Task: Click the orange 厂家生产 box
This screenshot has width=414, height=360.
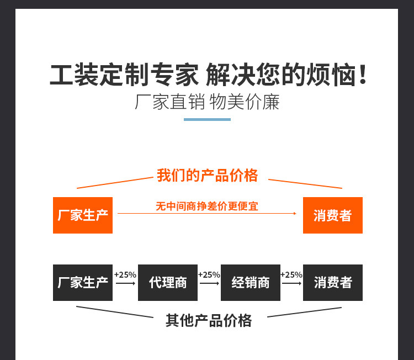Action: point(83,215)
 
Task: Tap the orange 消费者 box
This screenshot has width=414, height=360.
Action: point(333,215)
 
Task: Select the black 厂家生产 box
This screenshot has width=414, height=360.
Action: point(83,283)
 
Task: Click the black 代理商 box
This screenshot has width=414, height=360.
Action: point(168,283)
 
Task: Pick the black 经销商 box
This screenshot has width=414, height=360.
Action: point(251,283)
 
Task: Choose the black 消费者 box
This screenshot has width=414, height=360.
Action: point(333,283)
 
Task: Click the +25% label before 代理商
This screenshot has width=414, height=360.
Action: point(125,274)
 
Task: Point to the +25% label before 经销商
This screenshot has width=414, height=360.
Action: point(209,274)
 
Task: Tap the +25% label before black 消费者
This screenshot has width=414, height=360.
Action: point(291,274)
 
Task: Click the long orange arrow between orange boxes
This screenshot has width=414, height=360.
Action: point(207,214)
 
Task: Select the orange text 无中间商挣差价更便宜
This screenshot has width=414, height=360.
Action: point(207,206)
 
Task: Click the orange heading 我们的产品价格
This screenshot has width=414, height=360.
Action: point(207,176)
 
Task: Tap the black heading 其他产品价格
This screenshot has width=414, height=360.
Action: point(209,320)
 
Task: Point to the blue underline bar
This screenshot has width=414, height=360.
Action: point(207,120)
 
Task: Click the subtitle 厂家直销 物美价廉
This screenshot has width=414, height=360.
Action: point(207,102)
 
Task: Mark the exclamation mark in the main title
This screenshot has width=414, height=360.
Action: point(363,75)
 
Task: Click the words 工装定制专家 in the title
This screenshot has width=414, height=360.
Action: point(124,75)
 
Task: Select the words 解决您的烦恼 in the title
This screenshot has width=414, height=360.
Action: point(280,75)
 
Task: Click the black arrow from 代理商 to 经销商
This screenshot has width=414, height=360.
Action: point(209,283)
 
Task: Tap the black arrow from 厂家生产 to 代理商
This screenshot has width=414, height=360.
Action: point(125,283)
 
